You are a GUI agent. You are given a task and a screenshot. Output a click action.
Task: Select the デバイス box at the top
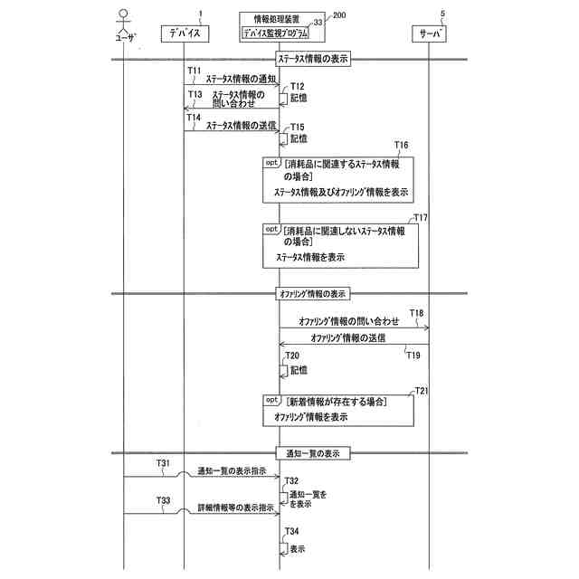185,33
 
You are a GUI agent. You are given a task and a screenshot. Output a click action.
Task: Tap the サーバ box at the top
430,33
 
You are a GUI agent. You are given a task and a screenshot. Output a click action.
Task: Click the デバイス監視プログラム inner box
275,33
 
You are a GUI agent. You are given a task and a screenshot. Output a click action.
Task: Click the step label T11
194,69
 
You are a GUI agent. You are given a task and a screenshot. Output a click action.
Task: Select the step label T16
402,145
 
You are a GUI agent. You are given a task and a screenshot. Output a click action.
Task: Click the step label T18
416,313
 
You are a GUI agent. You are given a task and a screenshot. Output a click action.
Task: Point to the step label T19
413,355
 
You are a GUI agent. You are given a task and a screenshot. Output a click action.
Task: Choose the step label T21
420,390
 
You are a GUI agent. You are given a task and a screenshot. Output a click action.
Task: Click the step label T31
163,463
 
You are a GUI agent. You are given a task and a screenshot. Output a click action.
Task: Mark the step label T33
163,500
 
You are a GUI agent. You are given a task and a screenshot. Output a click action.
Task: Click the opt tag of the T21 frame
272,400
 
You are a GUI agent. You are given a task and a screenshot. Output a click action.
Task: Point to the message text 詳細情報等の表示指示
236,508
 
